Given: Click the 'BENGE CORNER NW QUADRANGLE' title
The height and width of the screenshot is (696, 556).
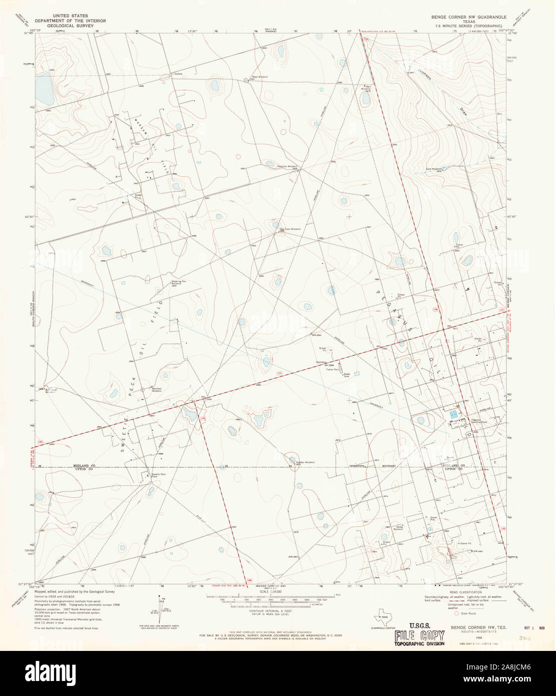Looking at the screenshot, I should click(x=465, y=17).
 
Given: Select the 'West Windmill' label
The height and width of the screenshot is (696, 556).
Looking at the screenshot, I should click(x=259, y=77).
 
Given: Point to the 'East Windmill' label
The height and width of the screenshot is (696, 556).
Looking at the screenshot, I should click(x=433, y=169).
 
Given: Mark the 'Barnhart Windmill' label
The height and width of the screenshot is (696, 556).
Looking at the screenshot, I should click(x=157, y=389).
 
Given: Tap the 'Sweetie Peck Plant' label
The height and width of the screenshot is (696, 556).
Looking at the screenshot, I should click(x=152, y=475).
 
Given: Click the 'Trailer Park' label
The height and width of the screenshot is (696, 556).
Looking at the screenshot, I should click(x=333, y=370).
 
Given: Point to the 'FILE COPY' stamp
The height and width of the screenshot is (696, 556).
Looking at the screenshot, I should click(x=419, y=636).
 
